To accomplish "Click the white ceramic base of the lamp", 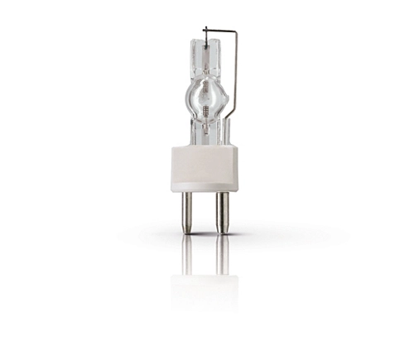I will coord(204,169).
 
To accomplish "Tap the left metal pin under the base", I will coord(187,210).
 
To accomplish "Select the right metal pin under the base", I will coord(222,210).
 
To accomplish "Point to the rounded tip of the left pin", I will coord(187,231).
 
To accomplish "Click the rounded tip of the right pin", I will coord(222,231).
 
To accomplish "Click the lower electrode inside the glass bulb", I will coord(204,111).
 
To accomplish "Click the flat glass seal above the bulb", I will coord(204,55).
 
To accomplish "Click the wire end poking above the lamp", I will coord(204,31).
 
